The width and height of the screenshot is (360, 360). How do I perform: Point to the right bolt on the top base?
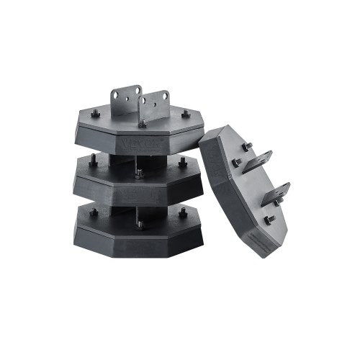pyautogui.click(x=186, y=113)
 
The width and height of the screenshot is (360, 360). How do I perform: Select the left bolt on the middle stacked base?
pyautogui.click(x=92, y=163)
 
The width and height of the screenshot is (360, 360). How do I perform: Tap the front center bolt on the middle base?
pyautogui.click(x=138, y=173)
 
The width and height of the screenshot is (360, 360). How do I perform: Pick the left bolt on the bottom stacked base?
pyautogui.click(x=93, y=212)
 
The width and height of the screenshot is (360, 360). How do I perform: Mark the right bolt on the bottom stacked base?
pyautogui.click(x=182, y=212)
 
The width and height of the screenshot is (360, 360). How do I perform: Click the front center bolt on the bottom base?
pyautogui.click(x=139, y=224)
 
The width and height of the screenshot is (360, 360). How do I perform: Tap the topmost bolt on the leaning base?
pyautogui.click(x=247, y=147)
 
